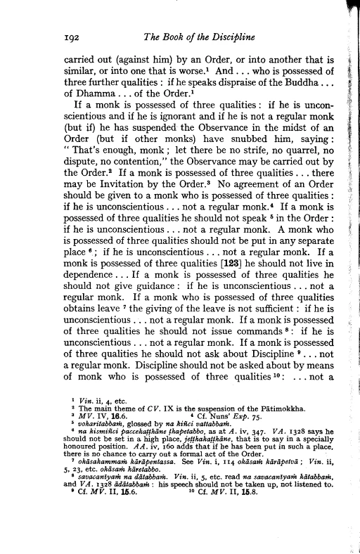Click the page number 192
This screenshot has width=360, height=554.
pos(73,39)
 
